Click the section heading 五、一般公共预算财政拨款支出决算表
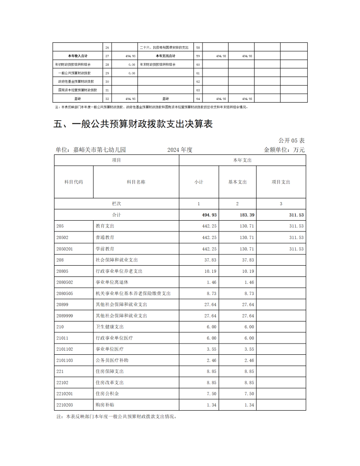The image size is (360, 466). pos(133,124)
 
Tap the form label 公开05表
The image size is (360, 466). pos(292,140)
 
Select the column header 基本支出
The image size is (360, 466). pos(237,182)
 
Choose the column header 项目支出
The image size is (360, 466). pos(281,182)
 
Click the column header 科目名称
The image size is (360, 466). pos(136,182)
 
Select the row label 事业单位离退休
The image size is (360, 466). pos(112,282)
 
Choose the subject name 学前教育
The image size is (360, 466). pos(105,249)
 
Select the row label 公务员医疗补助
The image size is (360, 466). pos(112,360)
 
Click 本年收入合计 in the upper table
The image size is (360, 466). pos(77,56)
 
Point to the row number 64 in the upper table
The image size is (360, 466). pos(198,98)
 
